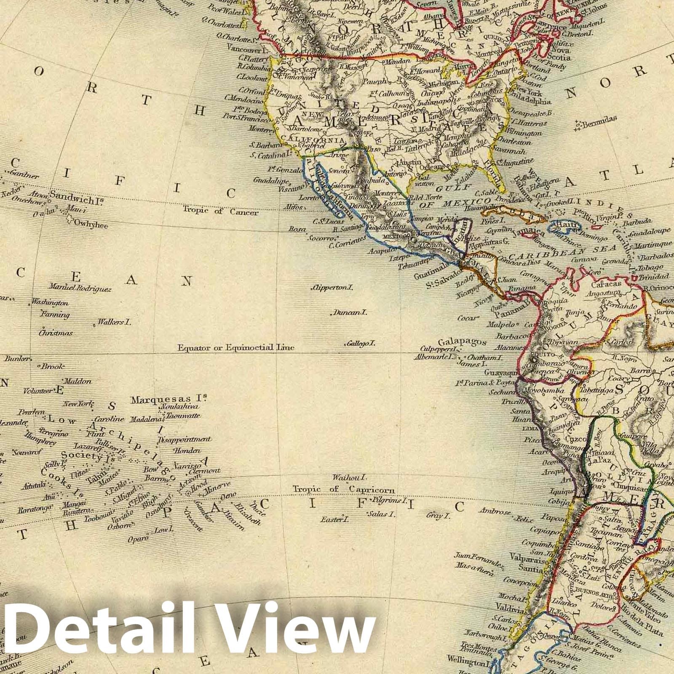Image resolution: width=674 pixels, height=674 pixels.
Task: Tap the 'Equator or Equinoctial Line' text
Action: [x=235, y=348]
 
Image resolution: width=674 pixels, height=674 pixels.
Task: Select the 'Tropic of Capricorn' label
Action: [x=344, y=489]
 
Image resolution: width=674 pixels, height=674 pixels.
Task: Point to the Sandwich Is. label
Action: [x=77, y=195]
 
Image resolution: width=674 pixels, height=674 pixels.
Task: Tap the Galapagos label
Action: [x=462, y=342]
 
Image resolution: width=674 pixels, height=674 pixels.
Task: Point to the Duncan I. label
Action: [x=350, y=313]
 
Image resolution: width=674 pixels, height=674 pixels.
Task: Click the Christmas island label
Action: [x=56, y=333]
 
